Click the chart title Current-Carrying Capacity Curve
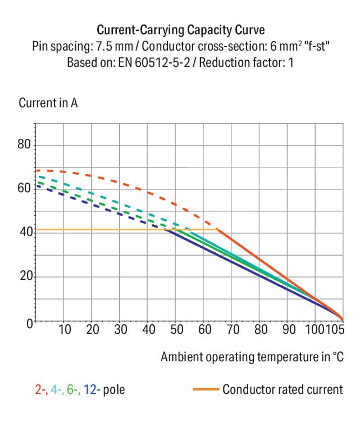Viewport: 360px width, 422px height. coord(180,30)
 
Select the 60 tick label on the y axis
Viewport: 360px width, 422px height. coord(24,188)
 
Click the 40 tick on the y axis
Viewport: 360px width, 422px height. coord(24,232)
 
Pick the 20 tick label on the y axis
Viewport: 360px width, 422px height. coord(24,277)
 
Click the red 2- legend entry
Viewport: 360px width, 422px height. coord(41,389)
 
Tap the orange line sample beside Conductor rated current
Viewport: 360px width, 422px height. coord(205,389)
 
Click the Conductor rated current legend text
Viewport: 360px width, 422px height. coord(282,389)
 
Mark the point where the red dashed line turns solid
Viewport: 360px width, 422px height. coord(217,229)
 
